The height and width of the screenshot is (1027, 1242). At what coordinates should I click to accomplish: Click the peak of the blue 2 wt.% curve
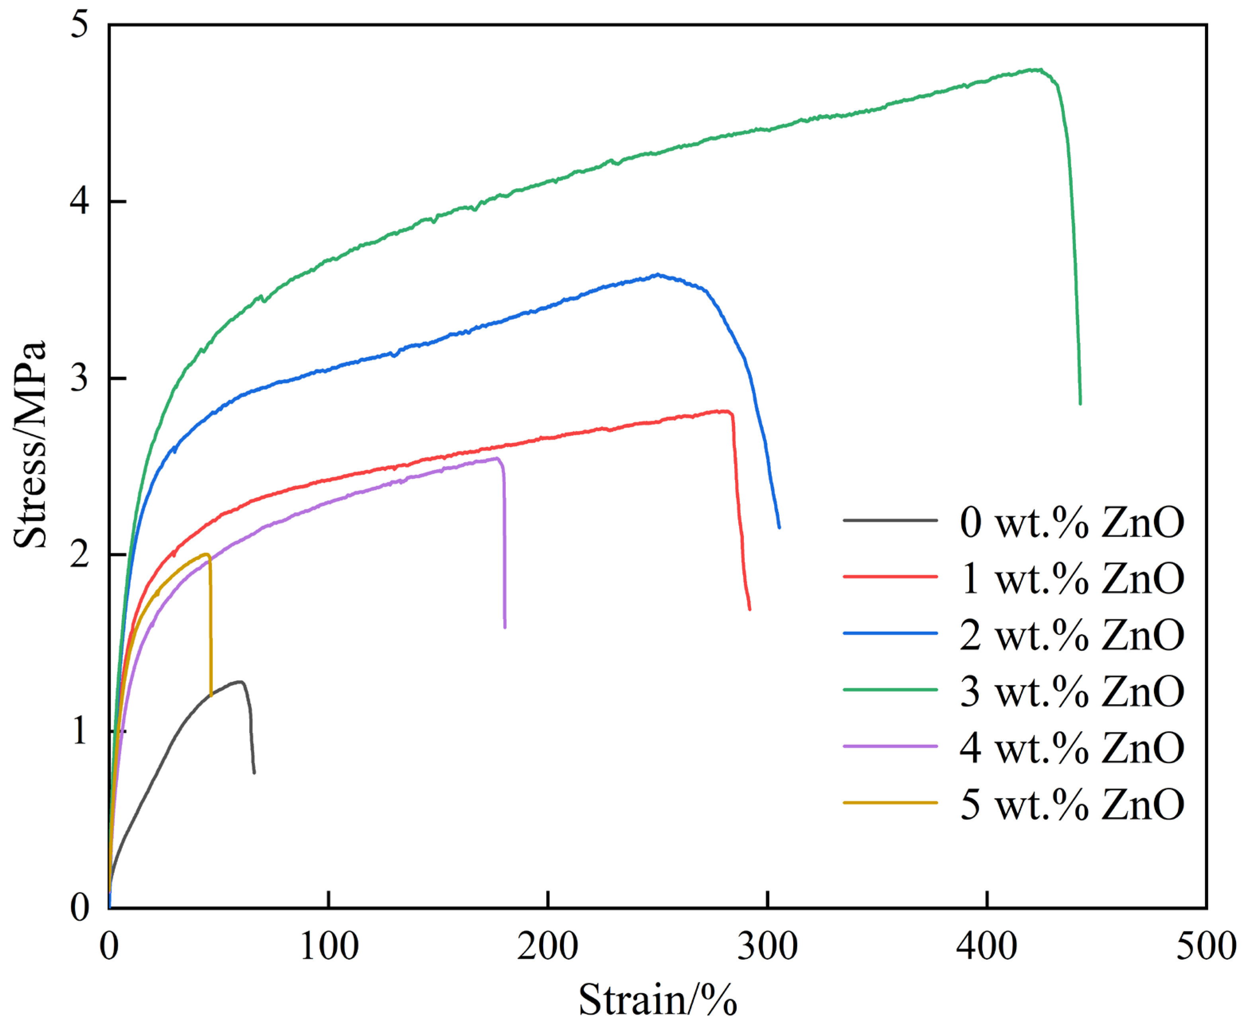click(657, 274)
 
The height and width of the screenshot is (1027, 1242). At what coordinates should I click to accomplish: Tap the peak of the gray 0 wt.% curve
click(240, 682)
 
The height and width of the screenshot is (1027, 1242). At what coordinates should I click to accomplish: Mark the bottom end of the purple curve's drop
click(505, 627)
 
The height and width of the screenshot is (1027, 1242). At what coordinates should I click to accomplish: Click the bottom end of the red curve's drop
click(749, 609)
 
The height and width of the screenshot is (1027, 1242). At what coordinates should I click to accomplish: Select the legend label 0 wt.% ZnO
click(1072, 522)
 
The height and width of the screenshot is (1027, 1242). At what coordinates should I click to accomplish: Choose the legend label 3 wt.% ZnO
click(1072, 691)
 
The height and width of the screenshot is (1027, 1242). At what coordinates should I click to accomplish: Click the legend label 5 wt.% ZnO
click(1072, 804)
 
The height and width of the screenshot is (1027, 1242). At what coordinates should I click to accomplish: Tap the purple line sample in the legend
click(890, 746)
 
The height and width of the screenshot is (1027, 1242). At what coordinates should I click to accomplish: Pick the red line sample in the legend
click(890, 576)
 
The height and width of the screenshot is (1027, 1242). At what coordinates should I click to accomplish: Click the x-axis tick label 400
click(986, 946)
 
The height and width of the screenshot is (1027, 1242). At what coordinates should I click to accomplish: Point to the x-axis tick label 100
click(329, 946)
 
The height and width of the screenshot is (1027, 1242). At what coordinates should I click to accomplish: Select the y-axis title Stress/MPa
click(29, 445)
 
